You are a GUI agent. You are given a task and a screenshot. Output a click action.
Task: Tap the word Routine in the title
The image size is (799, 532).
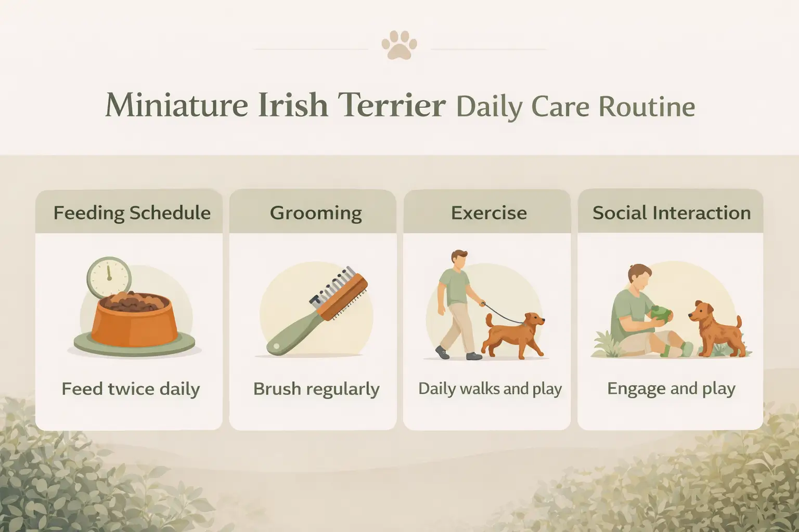(x=646, y=107)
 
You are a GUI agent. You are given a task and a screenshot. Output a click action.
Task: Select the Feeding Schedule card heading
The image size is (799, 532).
(x=132, y=213)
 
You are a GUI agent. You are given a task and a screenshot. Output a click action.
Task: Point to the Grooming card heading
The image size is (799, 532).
(x=316, y=213)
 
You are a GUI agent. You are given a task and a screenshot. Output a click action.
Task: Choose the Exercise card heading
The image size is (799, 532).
(x=488, y=213)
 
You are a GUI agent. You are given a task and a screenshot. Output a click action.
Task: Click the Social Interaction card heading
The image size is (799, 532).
(x=671, y=213)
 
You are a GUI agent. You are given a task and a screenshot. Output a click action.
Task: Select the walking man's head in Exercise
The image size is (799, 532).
(x=459, y=260)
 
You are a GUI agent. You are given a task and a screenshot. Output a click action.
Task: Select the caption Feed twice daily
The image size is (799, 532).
(x=131, y=389)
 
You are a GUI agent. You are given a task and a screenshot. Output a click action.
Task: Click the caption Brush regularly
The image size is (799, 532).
(x=316, y=389)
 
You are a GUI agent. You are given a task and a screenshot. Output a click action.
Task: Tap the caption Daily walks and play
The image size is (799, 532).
(x=490, y=389)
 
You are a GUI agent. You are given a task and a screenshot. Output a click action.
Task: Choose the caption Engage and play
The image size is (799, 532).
(x=671, y=389)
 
